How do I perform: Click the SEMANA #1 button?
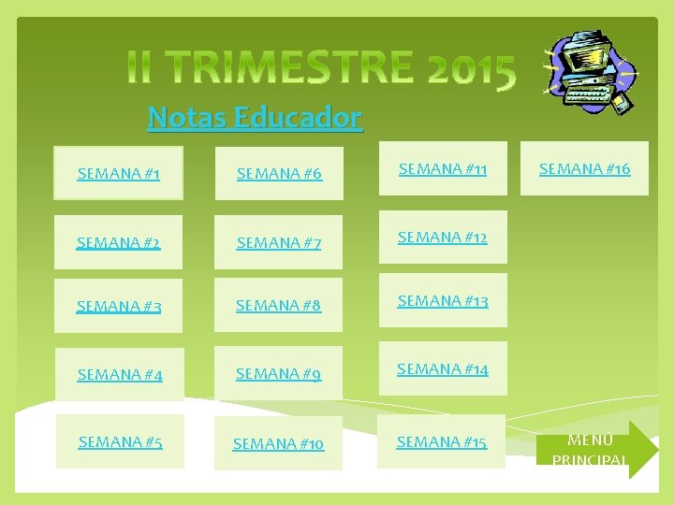pos(118,173)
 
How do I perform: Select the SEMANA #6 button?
pos(279,173)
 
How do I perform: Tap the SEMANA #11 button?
pos(443,168)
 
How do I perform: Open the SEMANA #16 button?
pos(584,168)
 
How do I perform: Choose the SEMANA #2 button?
pos(118,242)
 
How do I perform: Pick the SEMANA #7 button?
pos(279,242)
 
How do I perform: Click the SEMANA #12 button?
pos(443,238)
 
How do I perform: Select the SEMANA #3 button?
pos(118,306)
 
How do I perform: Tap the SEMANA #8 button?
pos(279,305)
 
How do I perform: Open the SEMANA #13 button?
pos(443,300)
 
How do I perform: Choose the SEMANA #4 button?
pos(119,374)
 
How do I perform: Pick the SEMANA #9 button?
pos(279,373)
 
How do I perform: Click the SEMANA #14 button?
pos(443,368)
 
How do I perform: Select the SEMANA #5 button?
pos(120,441)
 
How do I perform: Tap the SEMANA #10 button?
pos(279,443)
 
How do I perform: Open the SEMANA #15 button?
pos(442,441)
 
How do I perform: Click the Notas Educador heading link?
pos(255,118)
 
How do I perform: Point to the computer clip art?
pos(590,68)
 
